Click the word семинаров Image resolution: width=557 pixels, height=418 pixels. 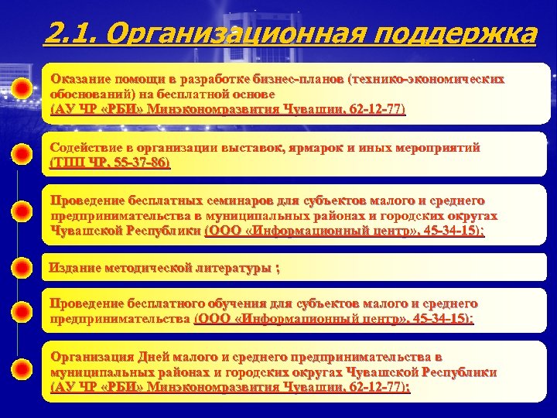(x=235, y=200)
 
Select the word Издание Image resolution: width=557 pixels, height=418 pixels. (x=73, y=268)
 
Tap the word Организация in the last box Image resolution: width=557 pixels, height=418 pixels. (x=92, y=357)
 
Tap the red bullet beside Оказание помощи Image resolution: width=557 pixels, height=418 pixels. (x=23, y=87)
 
